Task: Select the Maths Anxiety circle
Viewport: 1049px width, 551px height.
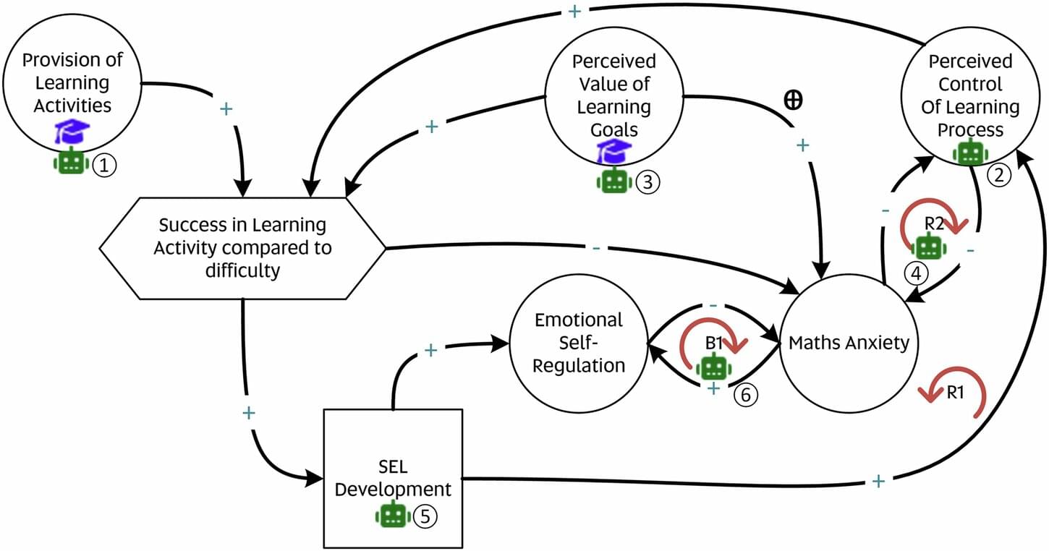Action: coord(849,342)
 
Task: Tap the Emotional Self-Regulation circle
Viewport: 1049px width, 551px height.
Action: coord(579,342)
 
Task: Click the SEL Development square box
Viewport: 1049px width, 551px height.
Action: coord(393,477)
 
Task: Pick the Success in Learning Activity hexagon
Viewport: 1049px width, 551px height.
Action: coord(242,247)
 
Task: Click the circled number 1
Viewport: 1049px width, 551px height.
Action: coord(104,166)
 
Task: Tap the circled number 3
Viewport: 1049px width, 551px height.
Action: coord(647,183)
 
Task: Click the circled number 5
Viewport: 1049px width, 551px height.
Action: coord(426,516)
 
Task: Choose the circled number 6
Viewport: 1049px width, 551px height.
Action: coord(747,395)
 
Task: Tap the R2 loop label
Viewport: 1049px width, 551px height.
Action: coord(935,223)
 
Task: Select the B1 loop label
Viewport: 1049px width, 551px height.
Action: coord(714,343)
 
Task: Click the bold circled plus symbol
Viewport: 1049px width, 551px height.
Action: coord(793,101)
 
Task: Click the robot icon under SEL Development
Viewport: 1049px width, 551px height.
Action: coord(393,515)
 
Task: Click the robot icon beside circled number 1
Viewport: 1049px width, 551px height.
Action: coord(70,163)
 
